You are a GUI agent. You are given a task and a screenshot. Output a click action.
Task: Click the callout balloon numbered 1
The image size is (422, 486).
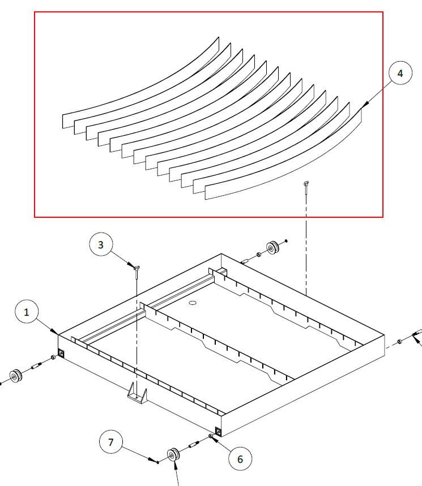pyautogui.click(x=27, y=312)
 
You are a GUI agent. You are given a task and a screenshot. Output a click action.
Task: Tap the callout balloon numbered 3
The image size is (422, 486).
pyautogui.click(x=101, y=244)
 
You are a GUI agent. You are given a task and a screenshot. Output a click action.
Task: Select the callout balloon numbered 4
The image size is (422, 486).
pyautogui.click(x=400, y=73)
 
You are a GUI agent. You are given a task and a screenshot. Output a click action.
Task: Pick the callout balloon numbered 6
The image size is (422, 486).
pyautogui.click(x=240, y=459)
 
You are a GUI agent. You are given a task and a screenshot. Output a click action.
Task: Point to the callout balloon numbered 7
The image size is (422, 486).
pyautogui.click(x=111, y=442)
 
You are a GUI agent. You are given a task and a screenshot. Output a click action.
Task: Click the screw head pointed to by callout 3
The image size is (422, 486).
pyautogui.click(x=137, y=268)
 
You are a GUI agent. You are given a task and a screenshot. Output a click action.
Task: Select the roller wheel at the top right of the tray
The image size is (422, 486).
pyautogui.click(x=273, y=248)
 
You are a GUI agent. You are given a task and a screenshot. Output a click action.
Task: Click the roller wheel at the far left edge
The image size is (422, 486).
pyautogui.click(x=15, y=376)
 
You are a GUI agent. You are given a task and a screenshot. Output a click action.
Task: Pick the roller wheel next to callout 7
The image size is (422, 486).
pyautogui.click(x=173, y=455)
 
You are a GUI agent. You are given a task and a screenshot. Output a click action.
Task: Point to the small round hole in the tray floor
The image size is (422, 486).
pyautogui.click(x=193, y=303)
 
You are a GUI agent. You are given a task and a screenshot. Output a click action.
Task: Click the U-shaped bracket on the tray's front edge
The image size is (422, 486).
pyautogui.click(x=137, y=393)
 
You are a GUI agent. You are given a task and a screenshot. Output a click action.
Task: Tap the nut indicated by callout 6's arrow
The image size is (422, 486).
pyautogui.click(x=211, y=436)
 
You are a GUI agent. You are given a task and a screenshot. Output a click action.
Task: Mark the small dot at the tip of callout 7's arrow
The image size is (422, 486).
pyautogui.click(x=158, y=462)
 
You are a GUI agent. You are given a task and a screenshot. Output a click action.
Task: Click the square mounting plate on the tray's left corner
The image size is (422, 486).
pyautogui.click(x=61, y=352)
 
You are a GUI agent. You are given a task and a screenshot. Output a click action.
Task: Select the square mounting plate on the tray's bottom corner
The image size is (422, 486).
pyautogui.click(x=218, y=431)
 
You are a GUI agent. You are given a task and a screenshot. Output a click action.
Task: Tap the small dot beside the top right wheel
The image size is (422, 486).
pyautogui.click(x=286, y=240)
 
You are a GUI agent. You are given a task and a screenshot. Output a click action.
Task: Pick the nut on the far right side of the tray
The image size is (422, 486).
pyautogui.click(x=400, y=342)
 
